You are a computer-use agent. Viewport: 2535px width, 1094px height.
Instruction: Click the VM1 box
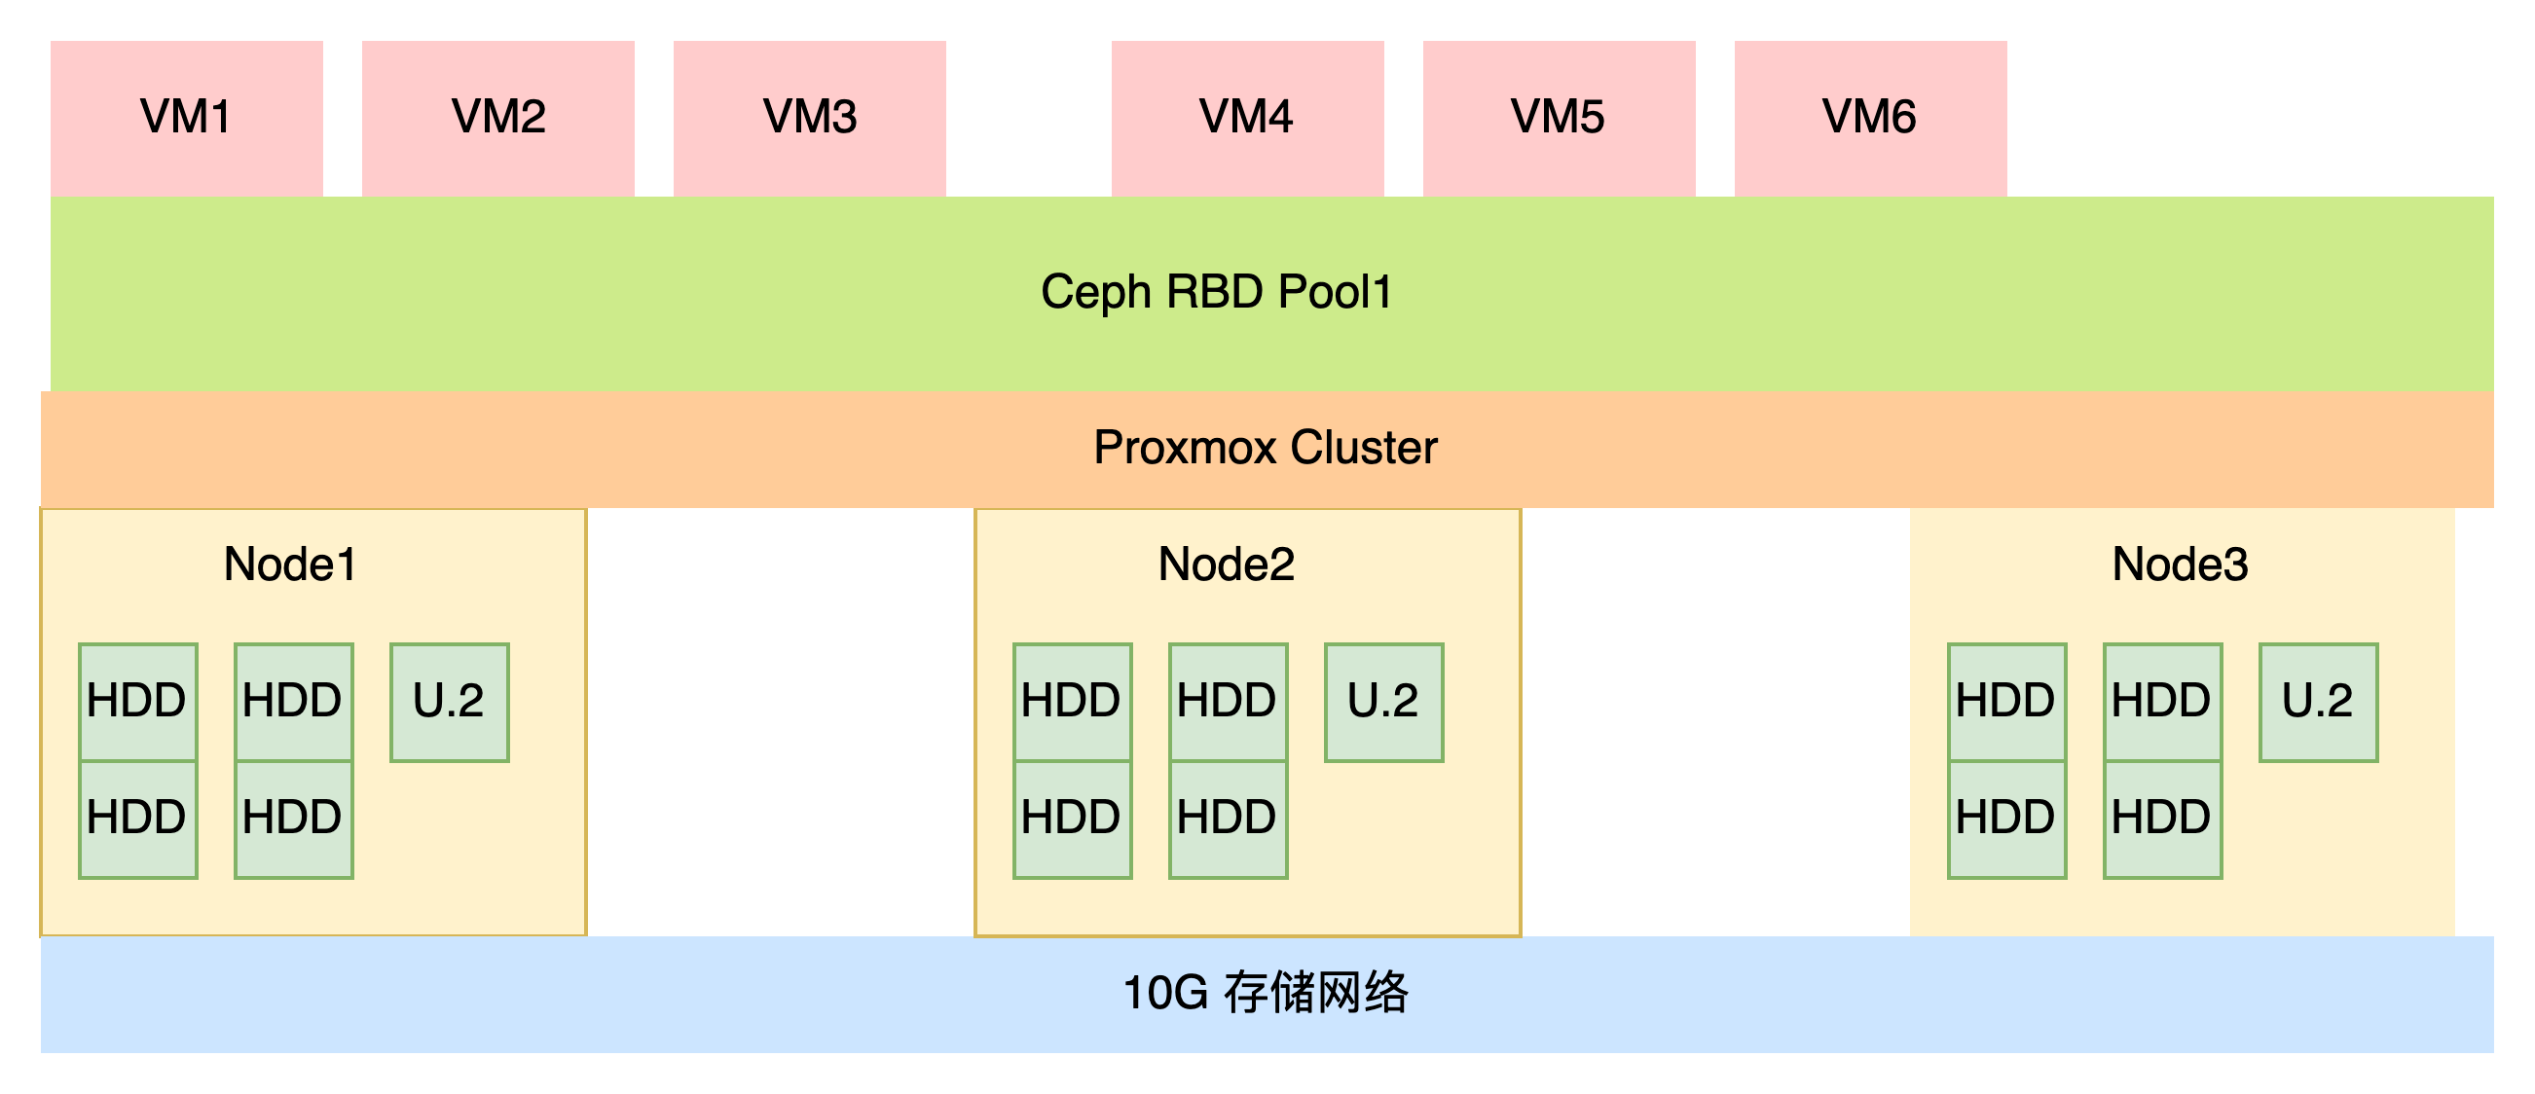coord(187,118)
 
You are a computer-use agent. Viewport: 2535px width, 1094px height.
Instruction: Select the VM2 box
coord(498,118)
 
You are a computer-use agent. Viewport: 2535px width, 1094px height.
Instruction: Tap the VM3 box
coord(810,118)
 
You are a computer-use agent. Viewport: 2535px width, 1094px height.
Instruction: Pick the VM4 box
coord(1248,118)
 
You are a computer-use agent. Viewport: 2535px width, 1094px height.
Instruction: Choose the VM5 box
coord(1560,118)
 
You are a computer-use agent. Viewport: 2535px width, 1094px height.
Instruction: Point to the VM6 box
coord(1871,118)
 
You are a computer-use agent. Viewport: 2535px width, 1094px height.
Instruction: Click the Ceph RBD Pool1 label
coord(1216,292)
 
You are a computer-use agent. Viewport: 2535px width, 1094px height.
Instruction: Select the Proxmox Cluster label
coord(1266,448)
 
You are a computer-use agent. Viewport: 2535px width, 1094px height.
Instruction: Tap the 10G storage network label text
coord(1266,993)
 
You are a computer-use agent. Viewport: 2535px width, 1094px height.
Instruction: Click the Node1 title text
coord(289,565)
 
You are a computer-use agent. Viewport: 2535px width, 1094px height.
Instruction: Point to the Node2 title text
coord(1227,565)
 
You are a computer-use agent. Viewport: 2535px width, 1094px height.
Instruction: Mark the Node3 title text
coord(2181,565)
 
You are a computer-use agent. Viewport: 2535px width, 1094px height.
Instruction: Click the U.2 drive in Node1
coord(450,703)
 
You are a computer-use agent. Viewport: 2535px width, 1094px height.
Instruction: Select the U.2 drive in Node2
coord(1384,703)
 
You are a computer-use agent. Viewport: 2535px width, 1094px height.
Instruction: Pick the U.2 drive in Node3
coord(2319,703)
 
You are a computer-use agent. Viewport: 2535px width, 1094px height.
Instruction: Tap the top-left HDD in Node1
coord(138,703)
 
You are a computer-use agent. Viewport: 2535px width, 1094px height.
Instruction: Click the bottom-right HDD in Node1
coord(294,820)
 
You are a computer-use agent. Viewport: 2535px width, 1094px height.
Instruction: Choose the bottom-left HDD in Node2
coord(1073,820)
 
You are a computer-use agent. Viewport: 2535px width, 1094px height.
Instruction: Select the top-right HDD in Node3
coord(2163,703)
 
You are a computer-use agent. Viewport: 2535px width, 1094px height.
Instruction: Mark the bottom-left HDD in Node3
coord(2007,820)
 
